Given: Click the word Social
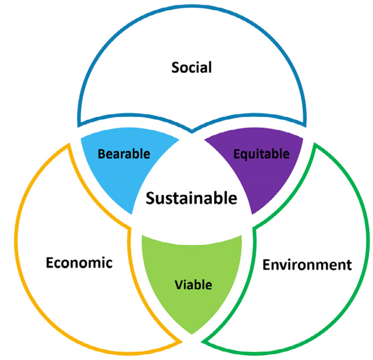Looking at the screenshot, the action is [x=192, y=67].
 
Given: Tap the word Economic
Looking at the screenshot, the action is [x=79, y=263].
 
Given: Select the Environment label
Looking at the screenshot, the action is [x=307, y=265].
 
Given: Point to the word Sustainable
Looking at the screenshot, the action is [x=192, y=198].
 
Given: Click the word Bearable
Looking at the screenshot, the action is [x=124, y=154].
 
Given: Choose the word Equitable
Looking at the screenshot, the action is [x=262, y=154].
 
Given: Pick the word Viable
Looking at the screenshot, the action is [x=193, y=285].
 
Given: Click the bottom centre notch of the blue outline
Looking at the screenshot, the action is [x=192, y=132].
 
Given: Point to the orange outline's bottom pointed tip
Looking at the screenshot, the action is [x=181, y=342].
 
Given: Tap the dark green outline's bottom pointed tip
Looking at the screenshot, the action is [x=202, y=342].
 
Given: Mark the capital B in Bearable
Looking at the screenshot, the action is [x=102, y=154].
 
